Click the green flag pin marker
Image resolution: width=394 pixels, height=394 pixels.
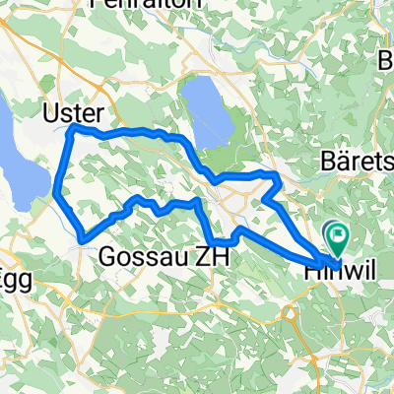(339, 236)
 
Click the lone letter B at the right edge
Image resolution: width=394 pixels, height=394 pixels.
(385, 61)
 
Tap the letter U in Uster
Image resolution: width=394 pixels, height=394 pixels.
(50, 113)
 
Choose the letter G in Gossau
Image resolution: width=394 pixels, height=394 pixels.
(108, 256)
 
